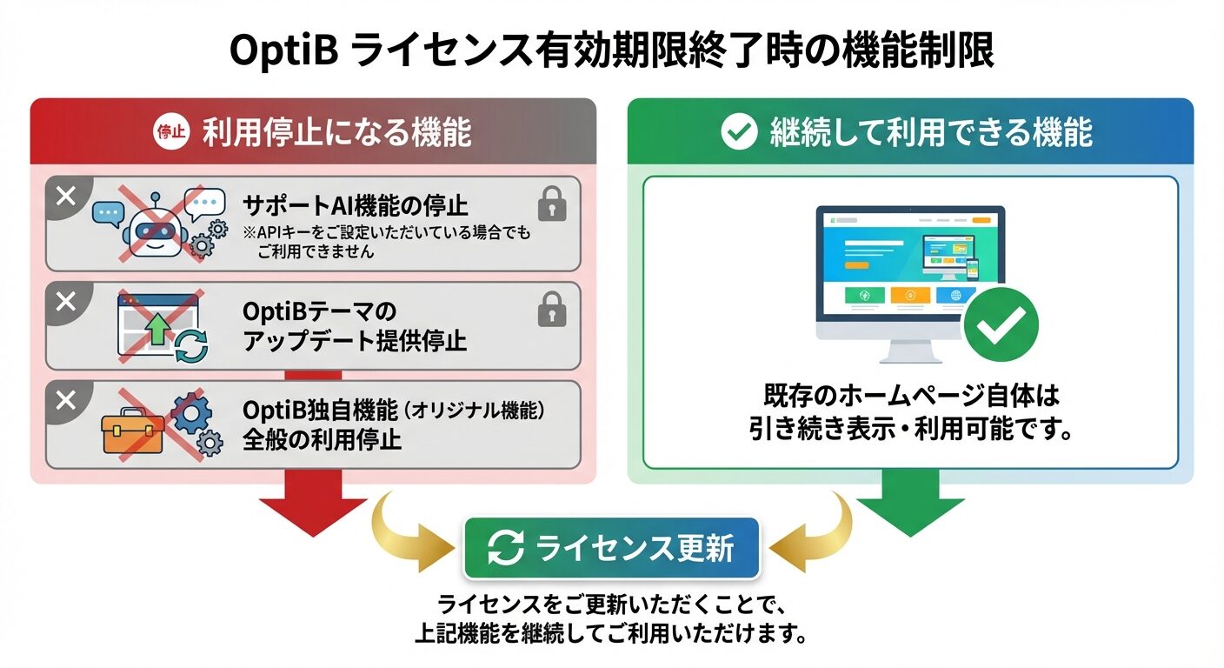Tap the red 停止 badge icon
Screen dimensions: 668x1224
[170, 132]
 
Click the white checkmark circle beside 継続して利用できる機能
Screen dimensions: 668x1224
[740, 132]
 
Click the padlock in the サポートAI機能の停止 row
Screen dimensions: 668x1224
[552, 205]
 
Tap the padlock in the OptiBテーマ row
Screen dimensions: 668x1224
[552, 310]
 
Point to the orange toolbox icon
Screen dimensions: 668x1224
[133, 432]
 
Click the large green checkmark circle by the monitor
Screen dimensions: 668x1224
[1001, 326]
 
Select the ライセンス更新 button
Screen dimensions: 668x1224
[612, 549]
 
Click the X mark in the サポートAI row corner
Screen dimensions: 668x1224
[66, 197]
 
